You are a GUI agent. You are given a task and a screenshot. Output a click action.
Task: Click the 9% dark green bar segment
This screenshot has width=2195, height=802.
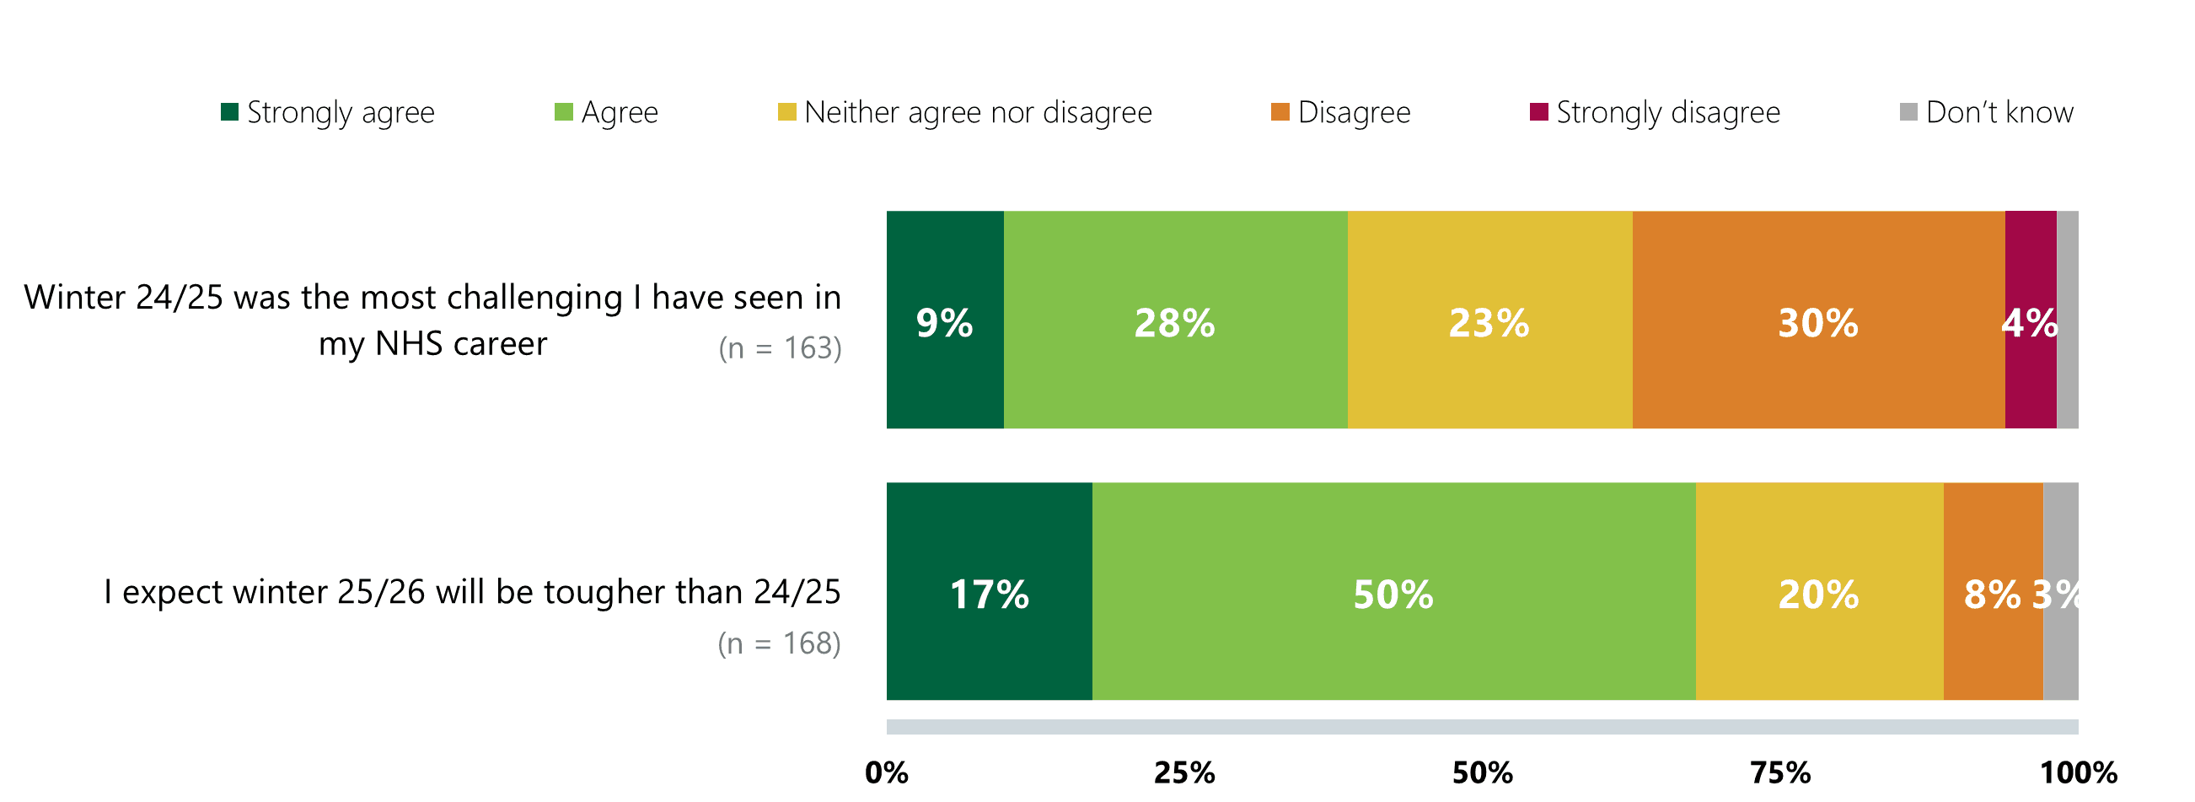(x=945, y=320)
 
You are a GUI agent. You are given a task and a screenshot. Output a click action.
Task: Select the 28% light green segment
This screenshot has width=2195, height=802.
(x=1175, y=320)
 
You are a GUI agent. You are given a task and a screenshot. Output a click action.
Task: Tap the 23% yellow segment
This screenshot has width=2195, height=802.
(x=1489, y=320)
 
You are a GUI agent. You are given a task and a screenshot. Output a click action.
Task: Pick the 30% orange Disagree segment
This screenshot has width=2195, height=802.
(x=1818, y=320)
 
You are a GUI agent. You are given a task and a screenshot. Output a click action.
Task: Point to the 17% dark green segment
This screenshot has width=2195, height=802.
(x=990, y=591)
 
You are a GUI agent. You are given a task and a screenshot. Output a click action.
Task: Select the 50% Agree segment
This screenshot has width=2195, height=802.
(x=1393, y=591)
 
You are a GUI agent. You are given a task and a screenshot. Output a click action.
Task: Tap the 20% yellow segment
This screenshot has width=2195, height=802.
(x=1818, y=591)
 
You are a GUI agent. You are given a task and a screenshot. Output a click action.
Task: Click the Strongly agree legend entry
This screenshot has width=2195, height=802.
(x=328, y=112)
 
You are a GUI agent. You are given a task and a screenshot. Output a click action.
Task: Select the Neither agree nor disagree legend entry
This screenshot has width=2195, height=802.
(x=964, y=112)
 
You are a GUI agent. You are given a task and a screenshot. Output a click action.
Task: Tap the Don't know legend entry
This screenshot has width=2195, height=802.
(x=1986, y=112)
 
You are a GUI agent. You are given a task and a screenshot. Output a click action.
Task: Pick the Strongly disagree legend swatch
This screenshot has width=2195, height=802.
(x=1539, y=111)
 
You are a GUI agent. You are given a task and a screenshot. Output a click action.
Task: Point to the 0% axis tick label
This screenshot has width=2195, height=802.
(x=886, y=772)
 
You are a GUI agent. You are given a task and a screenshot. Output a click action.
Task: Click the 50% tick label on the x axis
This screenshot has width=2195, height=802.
(x=1483, y=772)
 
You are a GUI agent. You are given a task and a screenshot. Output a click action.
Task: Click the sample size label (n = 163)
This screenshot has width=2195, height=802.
(x=780, y=347)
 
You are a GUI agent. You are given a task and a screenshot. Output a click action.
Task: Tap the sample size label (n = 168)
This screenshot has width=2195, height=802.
(x=779, y=643)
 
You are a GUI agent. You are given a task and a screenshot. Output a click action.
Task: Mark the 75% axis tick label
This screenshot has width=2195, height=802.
(x=1781, y=772)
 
